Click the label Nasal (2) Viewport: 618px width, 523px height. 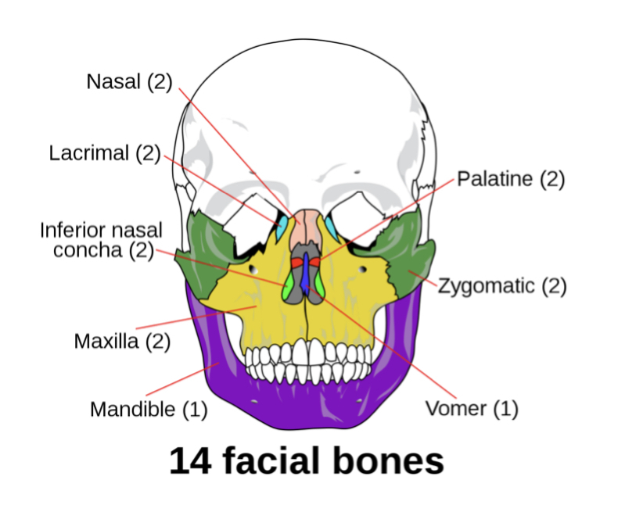pos(128,81)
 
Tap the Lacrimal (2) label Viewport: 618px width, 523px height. pos(104,152)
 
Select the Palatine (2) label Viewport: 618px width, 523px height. pos(510,178)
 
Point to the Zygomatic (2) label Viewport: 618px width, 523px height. pos(501,285)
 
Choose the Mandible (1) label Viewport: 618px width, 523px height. pos(149,409)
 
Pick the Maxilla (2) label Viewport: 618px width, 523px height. pos(122,342)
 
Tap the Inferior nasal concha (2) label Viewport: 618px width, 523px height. pos(101,240)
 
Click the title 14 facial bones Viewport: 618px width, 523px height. pos(307,462)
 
